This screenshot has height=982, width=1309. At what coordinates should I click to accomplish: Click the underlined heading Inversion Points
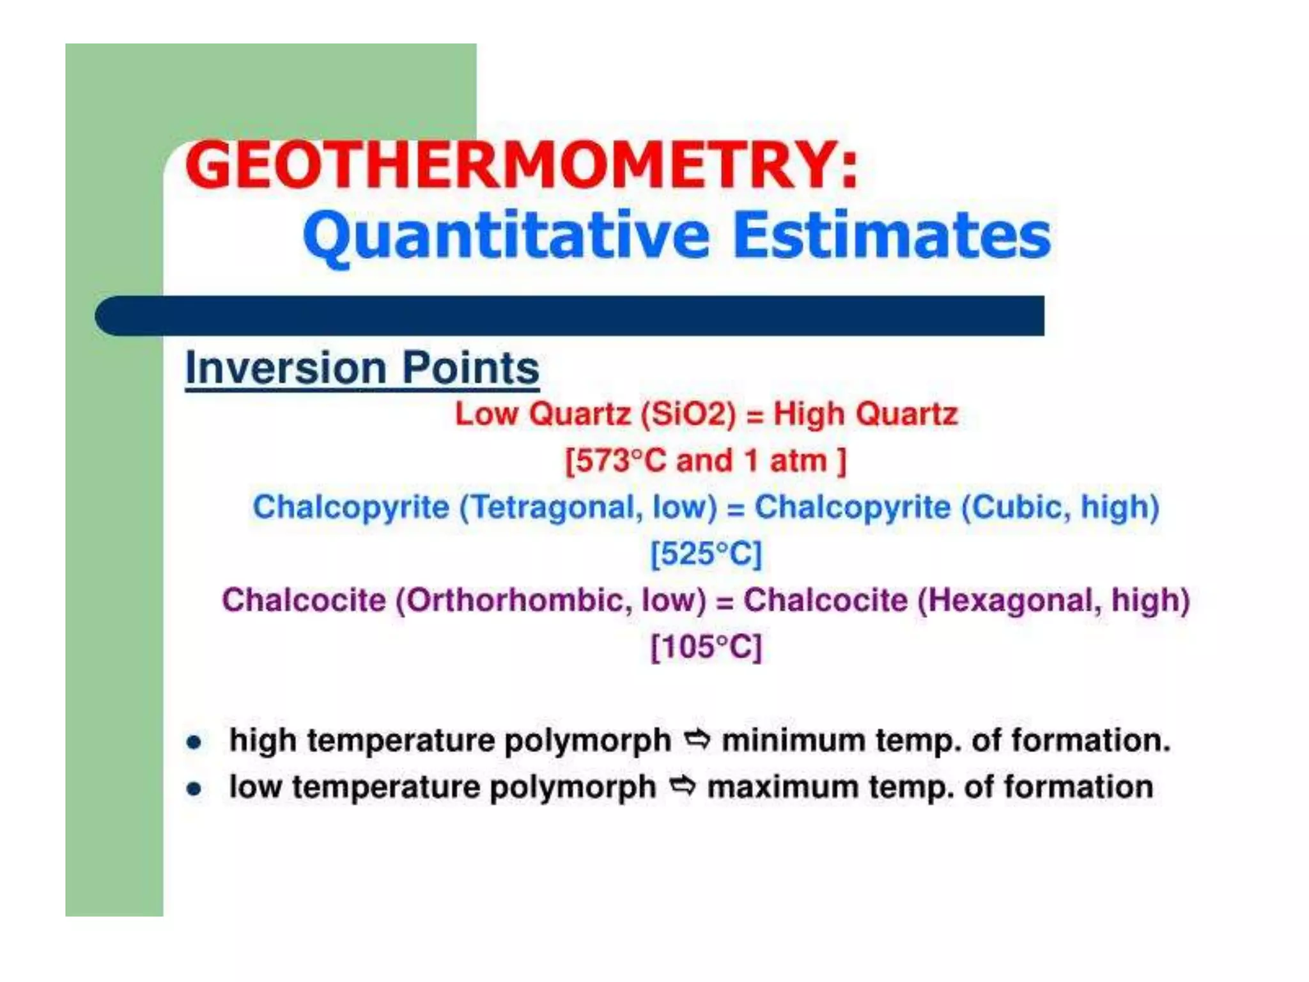click(362, 369)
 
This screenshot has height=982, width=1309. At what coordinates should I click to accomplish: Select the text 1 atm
click(786, 461)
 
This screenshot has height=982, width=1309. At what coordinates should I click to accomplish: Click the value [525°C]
click(706, 554)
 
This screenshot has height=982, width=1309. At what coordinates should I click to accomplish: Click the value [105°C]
click(706, 647)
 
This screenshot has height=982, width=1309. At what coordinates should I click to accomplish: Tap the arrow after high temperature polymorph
click(697, 740)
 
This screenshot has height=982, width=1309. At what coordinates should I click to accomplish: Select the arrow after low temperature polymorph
click(682, 786)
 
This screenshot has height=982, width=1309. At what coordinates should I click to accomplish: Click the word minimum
click(793, 741)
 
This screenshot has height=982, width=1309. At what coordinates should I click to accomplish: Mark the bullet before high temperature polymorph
click(194, 742)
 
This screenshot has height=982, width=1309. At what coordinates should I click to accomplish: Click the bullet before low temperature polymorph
click(194, 789)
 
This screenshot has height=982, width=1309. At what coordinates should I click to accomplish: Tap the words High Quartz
click(865, 414)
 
